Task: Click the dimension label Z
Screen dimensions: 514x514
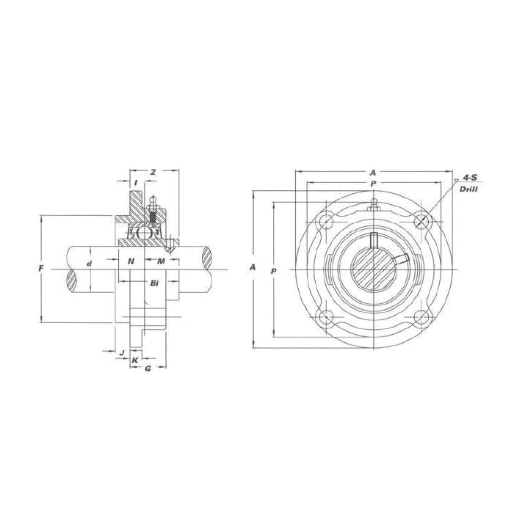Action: pos(152,172)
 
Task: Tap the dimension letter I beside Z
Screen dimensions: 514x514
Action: pos(136,182)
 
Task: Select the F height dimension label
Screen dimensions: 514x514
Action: pos(41,269)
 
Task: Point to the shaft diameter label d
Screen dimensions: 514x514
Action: pos(89,262)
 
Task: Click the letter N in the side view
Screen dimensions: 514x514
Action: pos(131,262)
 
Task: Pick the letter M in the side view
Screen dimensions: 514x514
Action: pos(160,262)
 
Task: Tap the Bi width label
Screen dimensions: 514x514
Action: pos(154,282)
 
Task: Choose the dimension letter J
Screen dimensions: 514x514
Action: pos(120,352)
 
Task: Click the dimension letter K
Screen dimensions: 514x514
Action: pos(135,361)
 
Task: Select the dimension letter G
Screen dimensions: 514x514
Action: pos(148,368)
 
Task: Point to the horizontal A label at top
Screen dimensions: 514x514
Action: pos(373,173)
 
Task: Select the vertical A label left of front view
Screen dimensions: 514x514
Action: pos(253,268)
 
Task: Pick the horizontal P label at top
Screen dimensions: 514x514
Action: pos(373,182)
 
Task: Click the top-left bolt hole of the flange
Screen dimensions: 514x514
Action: pos(325,220)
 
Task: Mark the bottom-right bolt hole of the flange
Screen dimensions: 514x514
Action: pos(421,316)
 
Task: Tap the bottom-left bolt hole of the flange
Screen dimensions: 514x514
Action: pos(325,316)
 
